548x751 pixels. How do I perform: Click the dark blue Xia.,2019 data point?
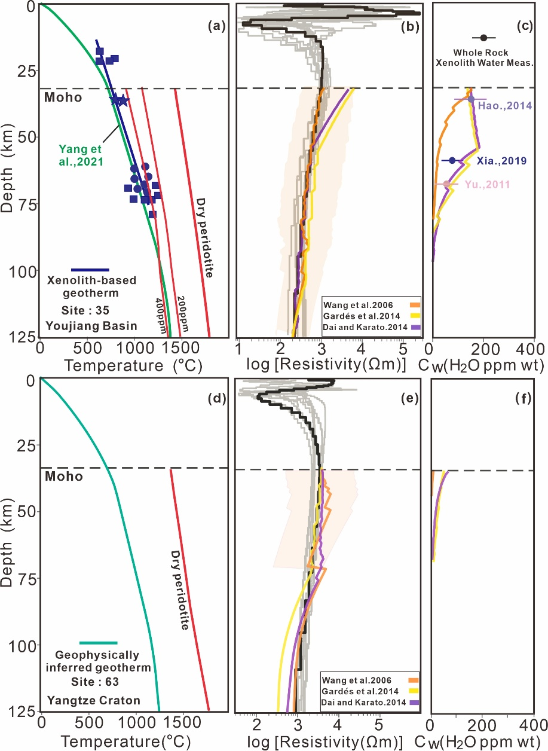tap(452, 160)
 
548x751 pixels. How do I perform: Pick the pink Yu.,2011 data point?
tap(446, 184)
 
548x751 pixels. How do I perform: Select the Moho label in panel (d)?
tap(63, 477)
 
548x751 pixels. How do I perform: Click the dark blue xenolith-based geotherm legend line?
tap(90, 270)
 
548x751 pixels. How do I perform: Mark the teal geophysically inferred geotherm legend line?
tap(90, 643)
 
